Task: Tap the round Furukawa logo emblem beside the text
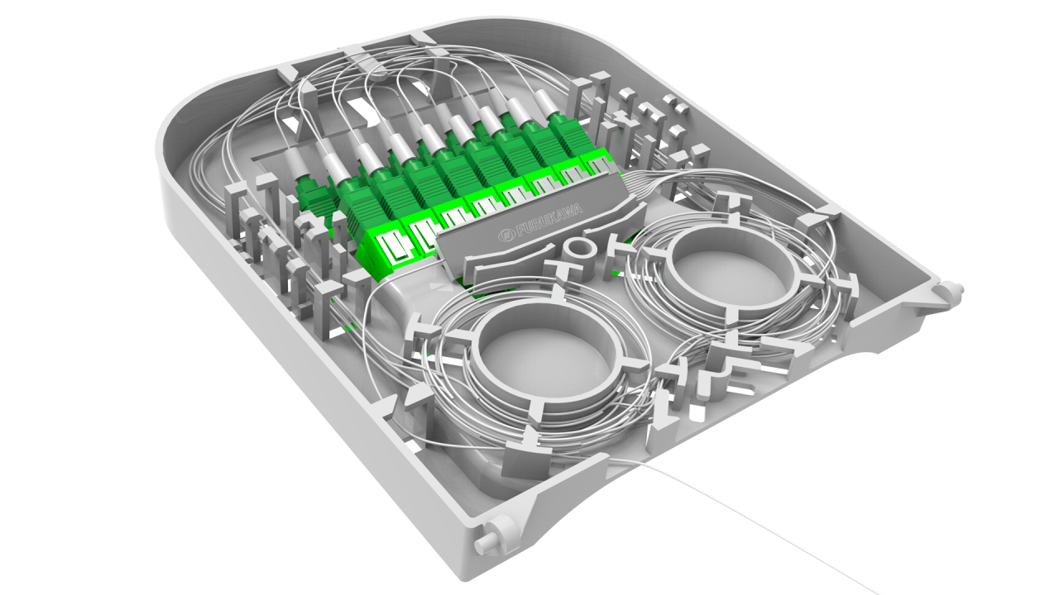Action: click(506, 235)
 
